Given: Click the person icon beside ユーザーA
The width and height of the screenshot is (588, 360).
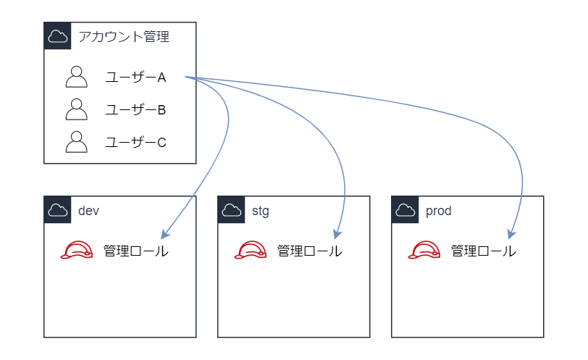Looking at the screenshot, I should point(76,77).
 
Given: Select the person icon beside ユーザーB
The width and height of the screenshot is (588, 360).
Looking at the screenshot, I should point(76,109).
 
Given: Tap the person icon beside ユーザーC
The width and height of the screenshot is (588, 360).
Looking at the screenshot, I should point(76,142).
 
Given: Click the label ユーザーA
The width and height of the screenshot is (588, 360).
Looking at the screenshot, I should point(135,78).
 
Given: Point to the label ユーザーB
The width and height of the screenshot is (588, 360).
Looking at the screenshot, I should point(135,110).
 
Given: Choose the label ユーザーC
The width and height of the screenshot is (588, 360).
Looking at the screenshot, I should point(135,143).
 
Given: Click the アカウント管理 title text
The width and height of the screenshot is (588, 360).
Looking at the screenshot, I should point(124,36).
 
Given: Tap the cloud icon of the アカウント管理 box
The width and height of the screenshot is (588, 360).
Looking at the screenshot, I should point(58,36).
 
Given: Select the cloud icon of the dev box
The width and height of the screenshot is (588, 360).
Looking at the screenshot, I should point(58,210).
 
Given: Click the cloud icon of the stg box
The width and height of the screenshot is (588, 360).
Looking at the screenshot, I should point(232,210).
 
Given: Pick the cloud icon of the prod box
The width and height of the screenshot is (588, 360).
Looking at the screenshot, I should point(406,210).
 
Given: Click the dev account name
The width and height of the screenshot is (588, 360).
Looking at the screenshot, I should point(88,211).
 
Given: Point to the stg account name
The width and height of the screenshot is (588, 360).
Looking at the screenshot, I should point(260,211).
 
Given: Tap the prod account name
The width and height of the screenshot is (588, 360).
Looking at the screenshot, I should point(438,211).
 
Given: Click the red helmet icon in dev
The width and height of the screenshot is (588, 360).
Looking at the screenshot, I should point(77,251).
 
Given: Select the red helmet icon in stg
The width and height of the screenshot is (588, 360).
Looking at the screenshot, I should point(251,251).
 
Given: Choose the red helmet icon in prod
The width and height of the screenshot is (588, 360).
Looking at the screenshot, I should point(424,251).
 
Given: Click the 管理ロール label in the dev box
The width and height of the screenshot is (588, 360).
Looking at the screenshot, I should point(136,251).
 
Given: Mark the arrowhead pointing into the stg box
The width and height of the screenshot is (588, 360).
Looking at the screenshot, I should point(337,234).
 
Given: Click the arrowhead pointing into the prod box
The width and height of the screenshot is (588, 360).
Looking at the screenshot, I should point(511,234).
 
